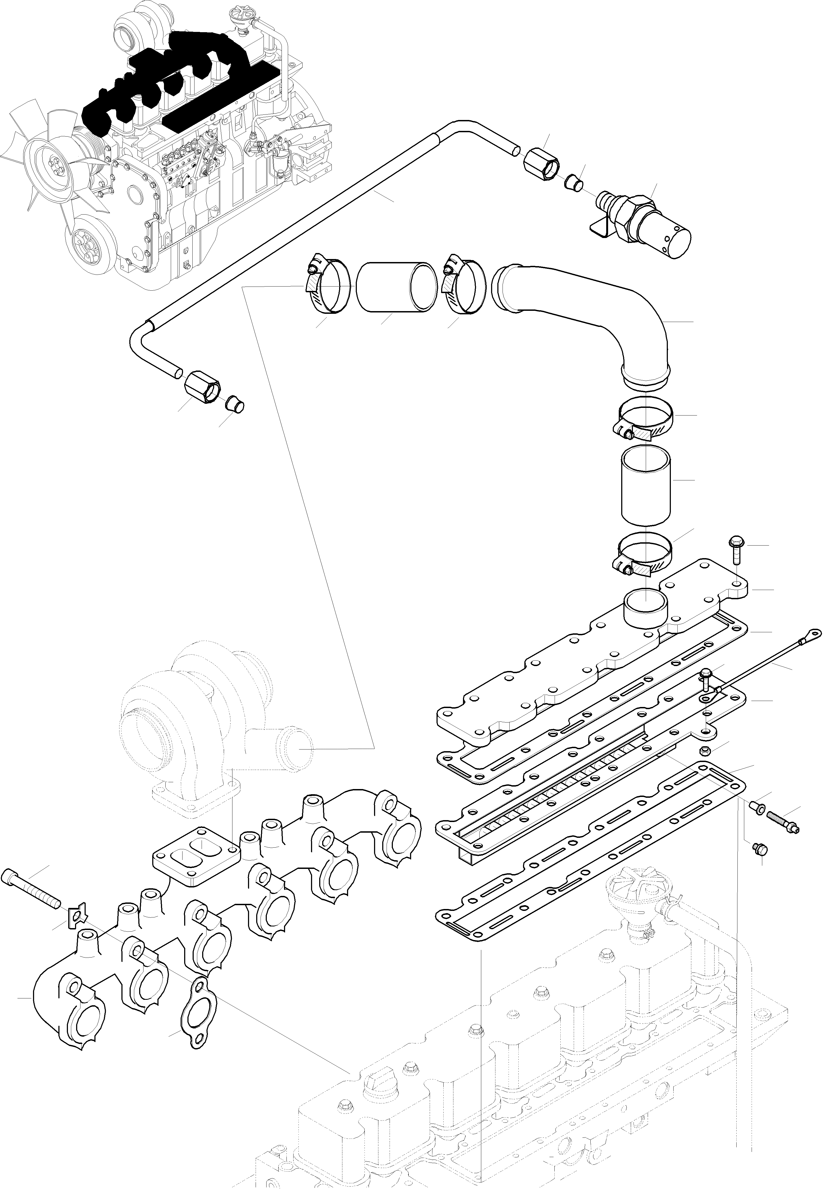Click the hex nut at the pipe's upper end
tap(542, 163)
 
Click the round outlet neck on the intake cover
tap(645, 609)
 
